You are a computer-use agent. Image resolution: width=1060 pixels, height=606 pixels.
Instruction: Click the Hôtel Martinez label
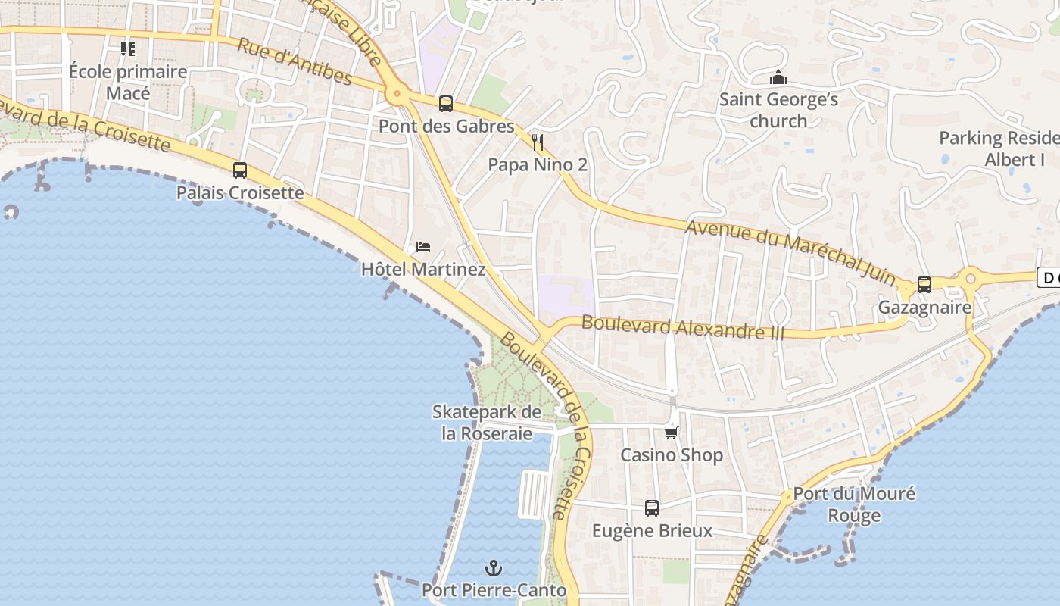(x=423, y=270)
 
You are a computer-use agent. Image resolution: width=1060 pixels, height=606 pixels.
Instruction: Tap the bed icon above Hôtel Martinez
(x=423, y=247)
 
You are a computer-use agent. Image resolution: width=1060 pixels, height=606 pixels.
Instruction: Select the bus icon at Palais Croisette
(x=240, y=170)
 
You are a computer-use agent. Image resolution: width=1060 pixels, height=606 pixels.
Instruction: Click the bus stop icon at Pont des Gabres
(x=446, y=104)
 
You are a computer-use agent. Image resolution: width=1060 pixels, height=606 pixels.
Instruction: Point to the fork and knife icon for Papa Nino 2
(x=538, y=142)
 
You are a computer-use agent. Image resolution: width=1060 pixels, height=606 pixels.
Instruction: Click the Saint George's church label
(x=778, y=110)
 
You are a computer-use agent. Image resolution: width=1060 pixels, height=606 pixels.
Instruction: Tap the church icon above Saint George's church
(x=778, y=78)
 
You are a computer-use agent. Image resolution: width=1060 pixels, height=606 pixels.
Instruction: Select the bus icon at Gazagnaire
(x=924, y=285)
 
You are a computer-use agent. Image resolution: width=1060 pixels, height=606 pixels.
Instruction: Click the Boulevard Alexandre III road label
(x=682, y=328)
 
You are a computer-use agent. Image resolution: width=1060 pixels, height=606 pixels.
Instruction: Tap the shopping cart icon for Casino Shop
(x=671, y=433)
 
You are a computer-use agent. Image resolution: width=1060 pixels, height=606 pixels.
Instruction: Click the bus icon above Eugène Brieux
(x=652, y=508)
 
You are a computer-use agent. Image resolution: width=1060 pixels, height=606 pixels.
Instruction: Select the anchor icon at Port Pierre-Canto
(x=494, y=567)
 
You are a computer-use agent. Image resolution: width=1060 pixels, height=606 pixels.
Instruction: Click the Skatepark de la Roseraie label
(x=487, y=423)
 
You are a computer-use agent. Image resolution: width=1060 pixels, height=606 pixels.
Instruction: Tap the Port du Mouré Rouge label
(x=853, y=504)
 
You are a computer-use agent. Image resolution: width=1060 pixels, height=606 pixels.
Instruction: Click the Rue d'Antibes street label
(x=295, y=60)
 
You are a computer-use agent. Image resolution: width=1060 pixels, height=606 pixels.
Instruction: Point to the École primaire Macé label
(x=128, y=83)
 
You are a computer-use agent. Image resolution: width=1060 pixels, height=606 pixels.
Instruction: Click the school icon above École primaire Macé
(x=128, y=49)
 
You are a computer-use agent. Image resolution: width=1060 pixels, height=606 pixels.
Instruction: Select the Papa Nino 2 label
(x=538, y=164)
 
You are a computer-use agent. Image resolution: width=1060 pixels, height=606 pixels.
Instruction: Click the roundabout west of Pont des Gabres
(x=395, y=95)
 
